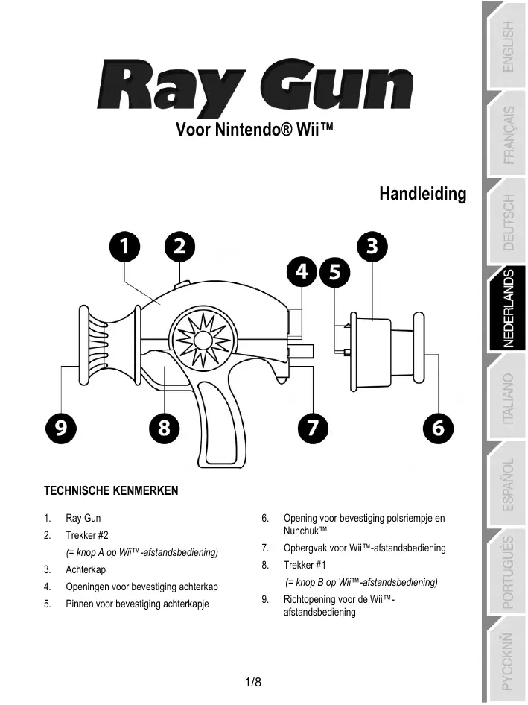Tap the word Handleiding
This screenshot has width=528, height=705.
tap(422, 195)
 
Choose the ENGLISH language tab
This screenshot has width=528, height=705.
tap(506, 46)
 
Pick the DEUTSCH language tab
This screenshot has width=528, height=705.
tap(506, 221)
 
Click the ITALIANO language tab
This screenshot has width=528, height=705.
tap(506, 399)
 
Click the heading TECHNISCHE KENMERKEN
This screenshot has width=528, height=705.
tap(111, 492)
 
